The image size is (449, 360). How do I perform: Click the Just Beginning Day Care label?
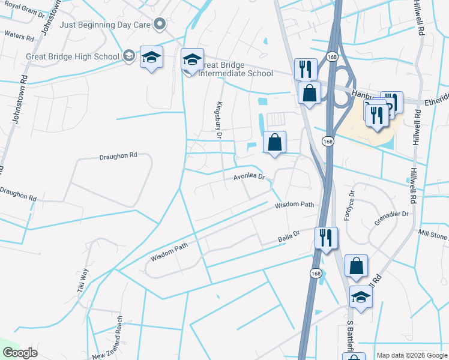click(104, 25)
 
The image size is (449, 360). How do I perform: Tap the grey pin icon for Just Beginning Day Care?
click(159, 25)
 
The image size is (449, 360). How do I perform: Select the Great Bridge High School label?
click(73, 56)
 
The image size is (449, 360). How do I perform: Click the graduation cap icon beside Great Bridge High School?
click(128, 56)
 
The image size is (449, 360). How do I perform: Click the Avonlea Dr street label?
click(249, 177)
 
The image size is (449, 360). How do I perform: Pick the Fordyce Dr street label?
click(349, 206)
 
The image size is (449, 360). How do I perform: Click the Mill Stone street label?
click(432, 235)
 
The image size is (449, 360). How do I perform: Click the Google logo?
click(20, 353)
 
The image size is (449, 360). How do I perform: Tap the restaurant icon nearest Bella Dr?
click(326, 238)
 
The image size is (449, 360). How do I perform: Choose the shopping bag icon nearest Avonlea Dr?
click(274, 143)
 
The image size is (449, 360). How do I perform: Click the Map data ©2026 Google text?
click(412, 355)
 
